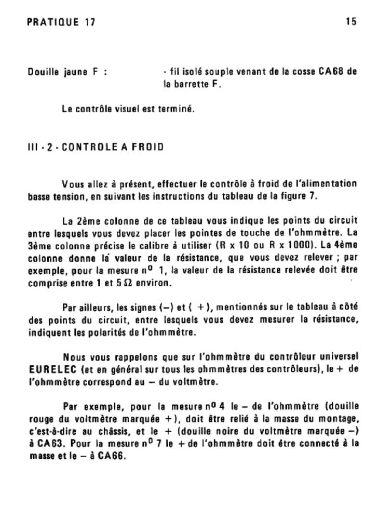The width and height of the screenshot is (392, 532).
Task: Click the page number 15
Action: [x=350, y=22]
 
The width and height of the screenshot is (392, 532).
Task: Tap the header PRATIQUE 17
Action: [x=61, y=22]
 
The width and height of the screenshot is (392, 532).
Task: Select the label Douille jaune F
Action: [x=67, y=72]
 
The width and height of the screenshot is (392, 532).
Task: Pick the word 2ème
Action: [x=91, y=220]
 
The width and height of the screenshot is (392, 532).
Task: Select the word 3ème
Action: [x=38, y=245]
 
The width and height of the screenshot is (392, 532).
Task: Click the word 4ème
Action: [x=345, y=245]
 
